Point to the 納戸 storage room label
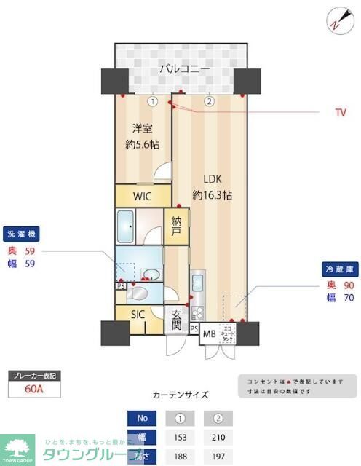[176, 227]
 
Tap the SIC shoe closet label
[138, 315]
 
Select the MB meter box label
[209, 334]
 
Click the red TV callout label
[341, 114]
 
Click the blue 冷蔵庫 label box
[338, 269]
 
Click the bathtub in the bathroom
[127, 228]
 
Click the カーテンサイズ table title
[180, 395]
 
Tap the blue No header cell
[142, 419]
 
